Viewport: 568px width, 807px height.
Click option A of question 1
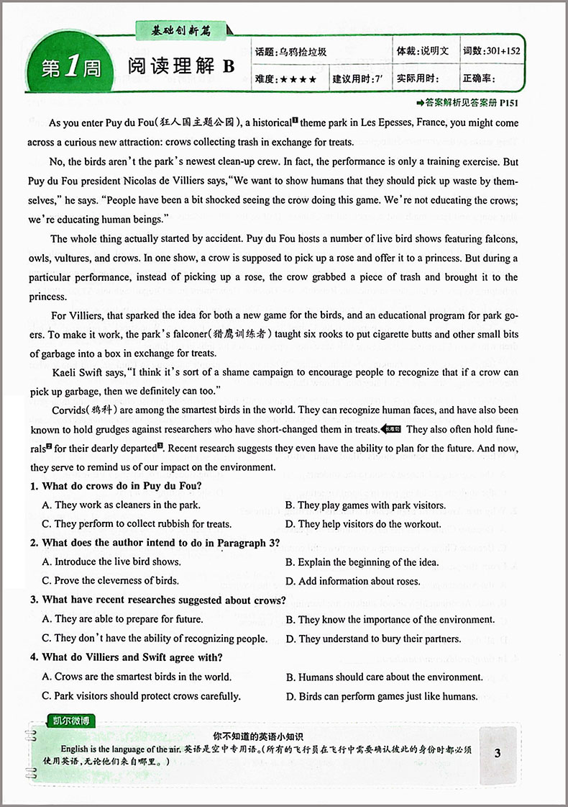tap(121, 505)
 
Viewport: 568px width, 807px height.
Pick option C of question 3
tap(155, 638)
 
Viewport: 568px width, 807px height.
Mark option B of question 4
tap(384, 677)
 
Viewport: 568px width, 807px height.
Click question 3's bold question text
tap(158, 600)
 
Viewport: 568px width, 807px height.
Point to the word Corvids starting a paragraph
tap(70, 410)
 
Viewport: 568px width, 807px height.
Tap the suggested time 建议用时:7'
tap(357, 80)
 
